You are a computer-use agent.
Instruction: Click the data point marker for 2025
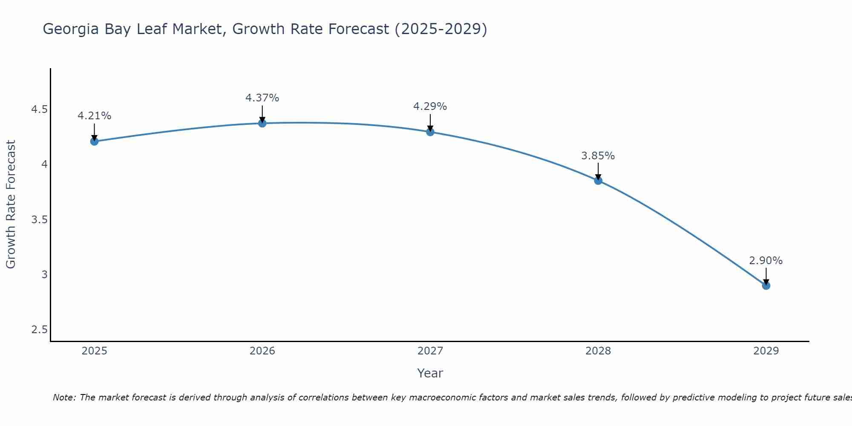click(x=94, y=141)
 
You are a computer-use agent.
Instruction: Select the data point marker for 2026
click(x=262, y=123)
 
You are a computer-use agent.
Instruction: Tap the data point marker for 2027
click(x=430, y=132)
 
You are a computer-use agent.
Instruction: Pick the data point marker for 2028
click(x=598, y=181)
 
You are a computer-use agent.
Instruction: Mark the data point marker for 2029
click(x=766, y=285)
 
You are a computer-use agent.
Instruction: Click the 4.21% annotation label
click(x=94, y=116)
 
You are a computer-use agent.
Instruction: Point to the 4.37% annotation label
click(x=262, y=98)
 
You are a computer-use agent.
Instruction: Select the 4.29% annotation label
click(x=430, y=106)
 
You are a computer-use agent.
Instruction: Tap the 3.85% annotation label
click(x=598, y=156)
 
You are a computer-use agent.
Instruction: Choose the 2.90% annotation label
click(x=766, y=261)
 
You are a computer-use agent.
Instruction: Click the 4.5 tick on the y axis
click(x=39, y=110)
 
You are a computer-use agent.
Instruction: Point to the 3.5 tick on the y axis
click(x=39, y=220)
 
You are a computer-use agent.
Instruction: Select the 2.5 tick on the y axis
click(x=39, y=330)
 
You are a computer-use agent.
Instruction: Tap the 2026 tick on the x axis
click(x=262, y=351)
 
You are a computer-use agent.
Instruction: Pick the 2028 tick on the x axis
click(x=598, y=351)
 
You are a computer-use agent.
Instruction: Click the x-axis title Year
click(x=430, y=373)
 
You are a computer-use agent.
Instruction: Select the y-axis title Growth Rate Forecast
click(x=11, y=204)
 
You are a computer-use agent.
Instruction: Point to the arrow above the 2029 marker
click(x=766, y=276)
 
